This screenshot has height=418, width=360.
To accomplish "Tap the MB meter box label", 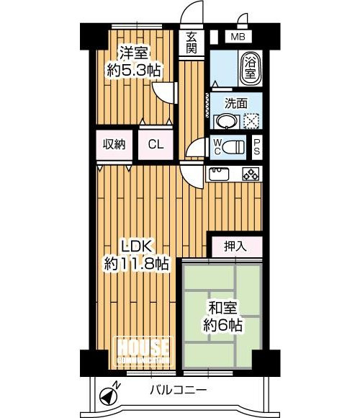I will (237, 36).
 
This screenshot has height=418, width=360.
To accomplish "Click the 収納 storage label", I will (114, 144).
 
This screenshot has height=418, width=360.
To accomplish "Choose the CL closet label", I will (156, 144).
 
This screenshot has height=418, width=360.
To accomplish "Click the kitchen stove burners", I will (251, 174).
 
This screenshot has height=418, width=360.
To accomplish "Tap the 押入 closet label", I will (235, 245).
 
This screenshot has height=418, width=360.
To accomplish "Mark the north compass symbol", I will (109, 394).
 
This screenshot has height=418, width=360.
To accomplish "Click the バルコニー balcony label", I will (181, 391).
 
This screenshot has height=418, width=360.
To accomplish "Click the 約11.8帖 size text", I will (137, 263).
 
